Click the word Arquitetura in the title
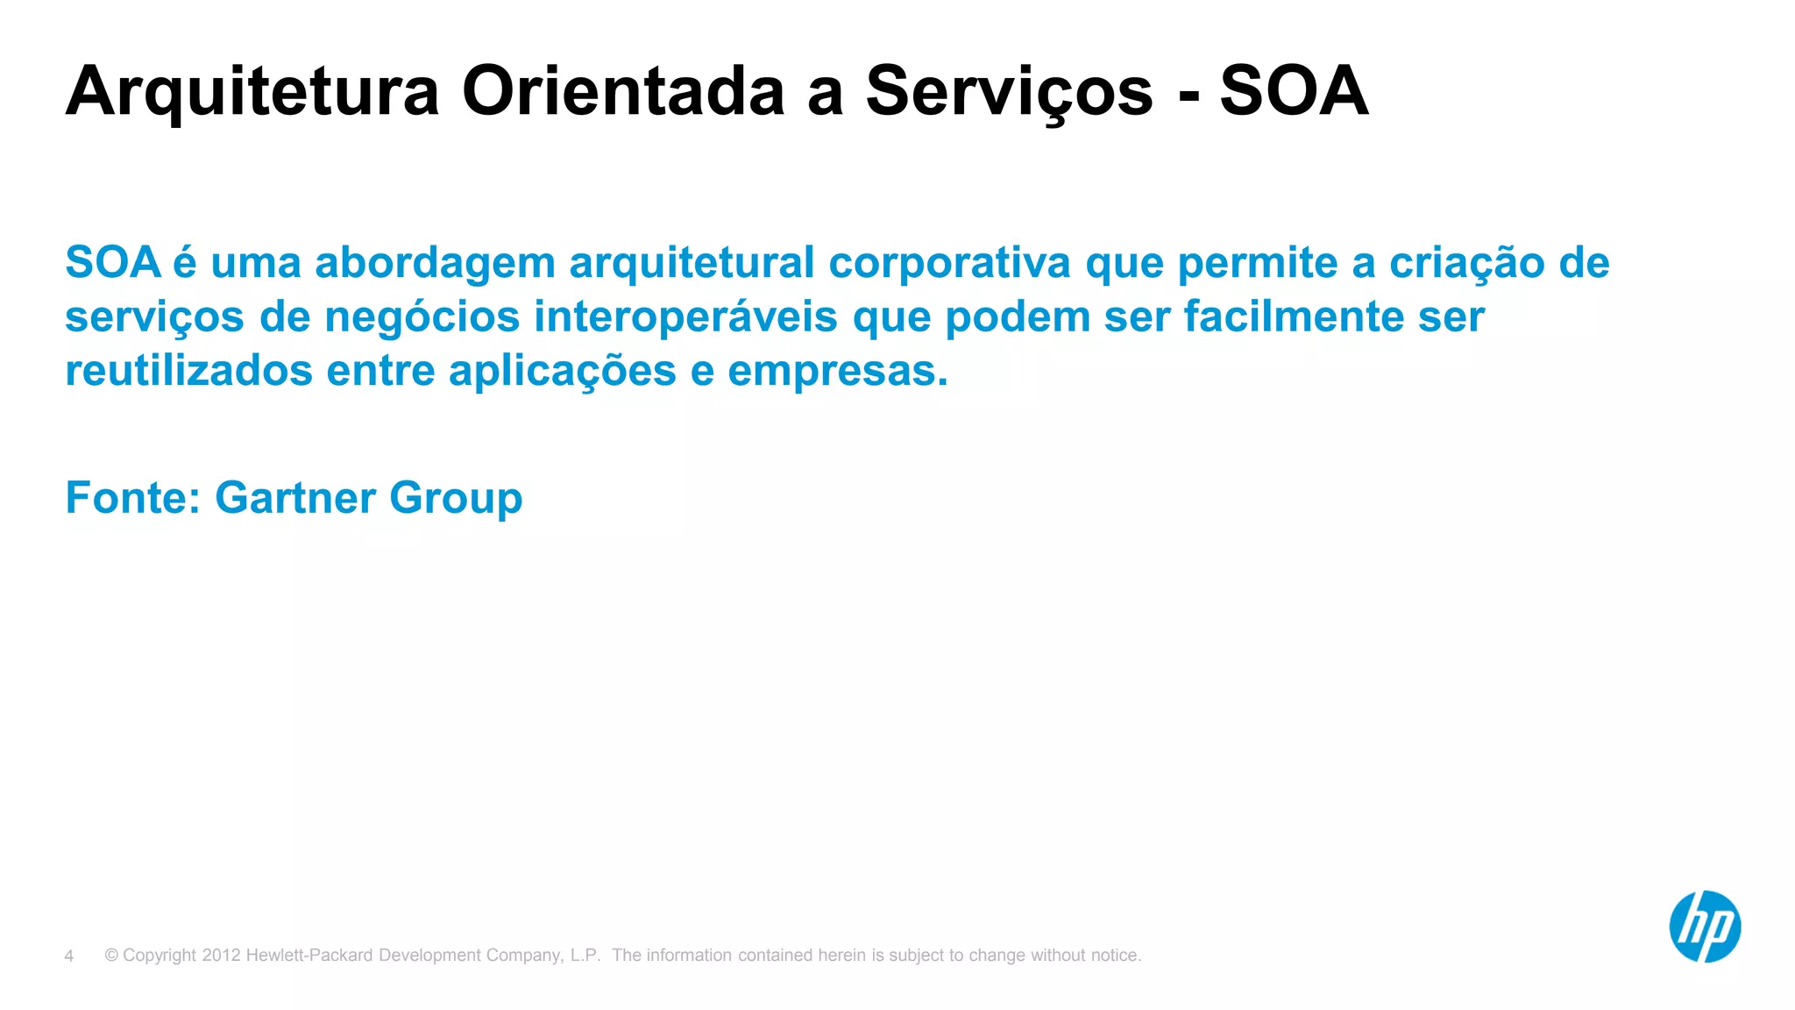(x=252, y=92)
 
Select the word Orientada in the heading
(x=622, y=92)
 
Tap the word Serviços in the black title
(x=1009, y=92)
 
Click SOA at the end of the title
(x=1294, y=92)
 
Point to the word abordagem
(x=435, y=264)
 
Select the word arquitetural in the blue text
(x=692, y=264)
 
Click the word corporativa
(x=949, y=264)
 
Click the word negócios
(x=422, y=317)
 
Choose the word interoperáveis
(x=685, y=317)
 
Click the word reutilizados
(x=188, y=371)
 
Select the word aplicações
(x=562, y=371)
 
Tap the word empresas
(x=837, y=371)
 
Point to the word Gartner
(x=295, y=498)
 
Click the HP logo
(x=1704, y=927)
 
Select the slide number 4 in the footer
(x=69, y=956)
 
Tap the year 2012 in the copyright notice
(x=221, y=956)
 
